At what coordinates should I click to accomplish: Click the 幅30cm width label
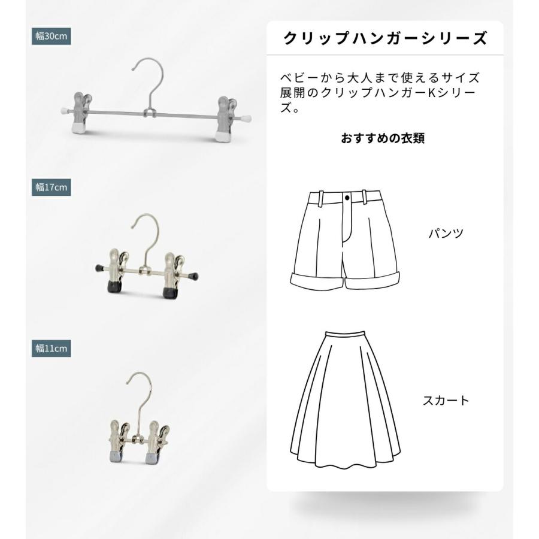click(52, 36)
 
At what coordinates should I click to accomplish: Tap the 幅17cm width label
click(52, 187)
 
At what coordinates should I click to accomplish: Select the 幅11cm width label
click(52, 348)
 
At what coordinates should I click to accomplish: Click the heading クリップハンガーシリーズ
click(384, 39)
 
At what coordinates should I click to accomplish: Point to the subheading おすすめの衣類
click(383, 138)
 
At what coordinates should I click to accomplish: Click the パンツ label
click(446, 234)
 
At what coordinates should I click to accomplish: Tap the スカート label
click(446, 401)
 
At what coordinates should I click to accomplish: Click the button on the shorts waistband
click(348, 196)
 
